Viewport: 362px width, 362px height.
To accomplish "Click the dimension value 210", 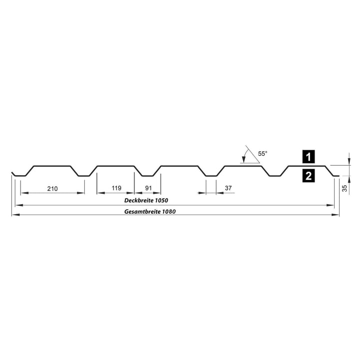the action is tap(52, 189).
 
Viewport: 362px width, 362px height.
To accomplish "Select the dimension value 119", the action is tap(116, 188).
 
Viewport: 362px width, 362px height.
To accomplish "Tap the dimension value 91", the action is tap(148, 188).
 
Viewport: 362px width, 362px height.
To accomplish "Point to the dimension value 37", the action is tap(228, 188).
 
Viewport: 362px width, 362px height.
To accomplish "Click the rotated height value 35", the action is tap(345, 188).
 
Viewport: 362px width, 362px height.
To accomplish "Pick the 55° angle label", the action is tap(263, 153).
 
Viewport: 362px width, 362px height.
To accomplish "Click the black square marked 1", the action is tap(309, 156).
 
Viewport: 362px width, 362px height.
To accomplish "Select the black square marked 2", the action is tap(309, 176).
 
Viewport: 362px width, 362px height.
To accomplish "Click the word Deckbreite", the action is tap(139, 200).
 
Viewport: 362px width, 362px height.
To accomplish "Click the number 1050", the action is tap(161, 200).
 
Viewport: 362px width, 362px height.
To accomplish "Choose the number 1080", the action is tap(169, 212).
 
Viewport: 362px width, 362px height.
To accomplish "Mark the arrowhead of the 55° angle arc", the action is tap(243, 159).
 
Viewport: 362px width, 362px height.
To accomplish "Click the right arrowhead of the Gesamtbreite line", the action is tap(335, 215).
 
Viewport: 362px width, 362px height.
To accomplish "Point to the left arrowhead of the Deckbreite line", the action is tap(19, 205).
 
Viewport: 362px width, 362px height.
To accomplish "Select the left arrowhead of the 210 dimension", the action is tap(24, 193).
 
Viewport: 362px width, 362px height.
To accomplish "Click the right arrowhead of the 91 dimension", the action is tap(157, 193).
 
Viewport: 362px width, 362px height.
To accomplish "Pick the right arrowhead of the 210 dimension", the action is tap(80, 193).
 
